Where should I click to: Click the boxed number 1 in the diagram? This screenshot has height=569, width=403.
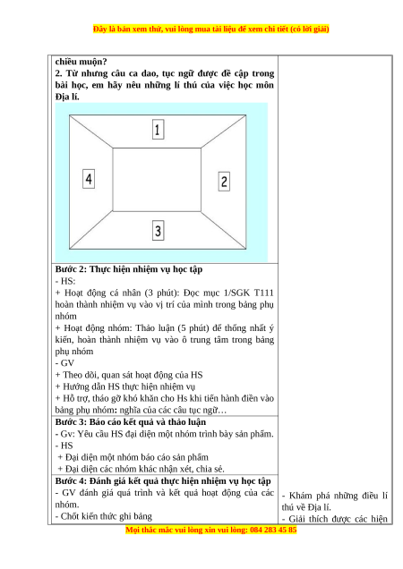[x=159, y=129]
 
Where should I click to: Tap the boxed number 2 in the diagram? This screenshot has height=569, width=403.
[x=224, y=182]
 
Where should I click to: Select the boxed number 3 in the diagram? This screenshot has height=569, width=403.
[x=159, y=231]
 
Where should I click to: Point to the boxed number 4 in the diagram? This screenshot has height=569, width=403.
[x=89, y=179]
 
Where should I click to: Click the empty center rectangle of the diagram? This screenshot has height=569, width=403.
[x=157, y=179]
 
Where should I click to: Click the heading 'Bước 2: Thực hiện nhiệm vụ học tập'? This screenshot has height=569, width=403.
[x=129, y=269]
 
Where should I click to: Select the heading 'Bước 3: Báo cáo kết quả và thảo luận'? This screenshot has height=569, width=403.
[x=131, y=422]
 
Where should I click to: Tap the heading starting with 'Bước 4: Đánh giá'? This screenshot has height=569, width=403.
[x=163, y=481]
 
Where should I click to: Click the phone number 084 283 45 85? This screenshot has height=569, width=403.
[x=273, y=530]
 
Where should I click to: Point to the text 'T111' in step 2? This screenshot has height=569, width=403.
[x=264, y=293]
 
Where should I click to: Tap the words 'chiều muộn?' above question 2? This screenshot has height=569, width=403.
[x=81, y=62]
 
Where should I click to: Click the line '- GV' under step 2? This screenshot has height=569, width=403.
[x=64, y=363]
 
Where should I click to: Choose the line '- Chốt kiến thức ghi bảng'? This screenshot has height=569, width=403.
[x=104, y=516]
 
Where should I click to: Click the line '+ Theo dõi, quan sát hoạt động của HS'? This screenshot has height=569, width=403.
[x=129, y=375]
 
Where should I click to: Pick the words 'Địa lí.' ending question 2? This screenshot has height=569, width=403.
[x=67, y=97]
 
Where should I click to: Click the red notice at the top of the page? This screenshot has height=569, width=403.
[x=210, y=29]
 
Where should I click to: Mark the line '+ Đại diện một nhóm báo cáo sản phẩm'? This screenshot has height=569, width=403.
[x=133, y=457]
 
